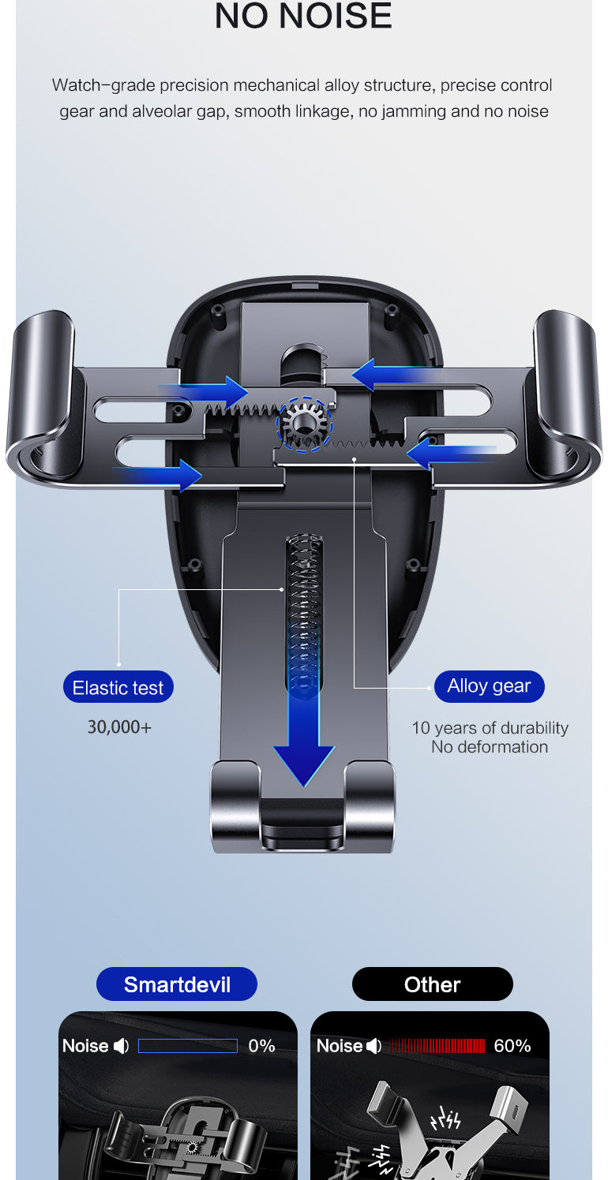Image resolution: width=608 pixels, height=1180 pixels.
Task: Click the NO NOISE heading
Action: (303, 17)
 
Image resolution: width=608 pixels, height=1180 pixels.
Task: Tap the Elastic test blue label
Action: (118, 687)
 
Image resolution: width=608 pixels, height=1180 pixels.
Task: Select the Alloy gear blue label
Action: (489, 686)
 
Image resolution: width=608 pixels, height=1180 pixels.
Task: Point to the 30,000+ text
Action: (119, 726)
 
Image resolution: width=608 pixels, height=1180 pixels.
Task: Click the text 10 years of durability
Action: (490, 728)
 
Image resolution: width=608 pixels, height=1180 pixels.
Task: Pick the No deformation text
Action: (490, 747)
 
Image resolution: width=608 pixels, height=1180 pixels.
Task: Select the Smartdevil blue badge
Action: (177, 984)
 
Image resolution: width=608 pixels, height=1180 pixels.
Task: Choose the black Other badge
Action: (432, 984)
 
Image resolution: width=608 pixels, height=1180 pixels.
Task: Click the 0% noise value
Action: (261, 1046)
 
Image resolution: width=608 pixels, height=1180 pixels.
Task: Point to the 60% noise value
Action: (512, 1046)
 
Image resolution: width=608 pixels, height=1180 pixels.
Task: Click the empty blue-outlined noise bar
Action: (188, 1046)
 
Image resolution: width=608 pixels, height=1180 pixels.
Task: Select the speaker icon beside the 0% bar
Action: (121, 1046)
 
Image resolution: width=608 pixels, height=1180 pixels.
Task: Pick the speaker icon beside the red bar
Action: (374, 1046)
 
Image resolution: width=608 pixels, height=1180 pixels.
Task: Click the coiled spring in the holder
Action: (304, 599)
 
